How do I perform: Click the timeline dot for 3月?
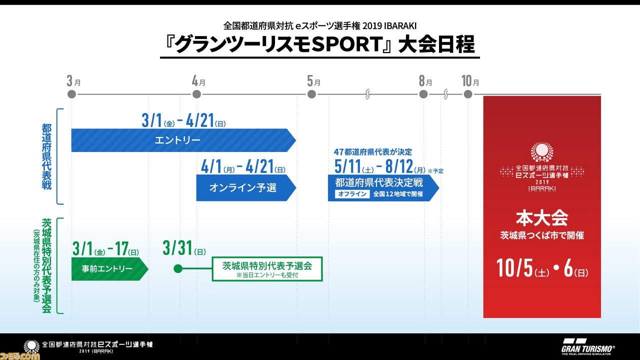71,94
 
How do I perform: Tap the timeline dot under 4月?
196,94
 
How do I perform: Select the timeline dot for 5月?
311,94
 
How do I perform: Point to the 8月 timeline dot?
423,94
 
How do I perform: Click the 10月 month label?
470,81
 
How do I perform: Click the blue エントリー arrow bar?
183,140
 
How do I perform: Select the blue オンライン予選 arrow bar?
246,187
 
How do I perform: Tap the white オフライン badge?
352,194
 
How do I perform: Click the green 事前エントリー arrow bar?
109,269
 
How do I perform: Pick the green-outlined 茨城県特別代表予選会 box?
267,269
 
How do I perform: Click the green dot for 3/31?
178,268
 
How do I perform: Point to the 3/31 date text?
184,248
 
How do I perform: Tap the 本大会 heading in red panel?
541,218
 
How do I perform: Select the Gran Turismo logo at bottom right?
587,346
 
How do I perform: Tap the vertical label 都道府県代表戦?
46,156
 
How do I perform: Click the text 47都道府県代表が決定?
373,151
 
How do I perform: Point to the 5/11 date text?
347,166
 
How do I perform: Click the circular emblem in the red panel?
541,152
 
